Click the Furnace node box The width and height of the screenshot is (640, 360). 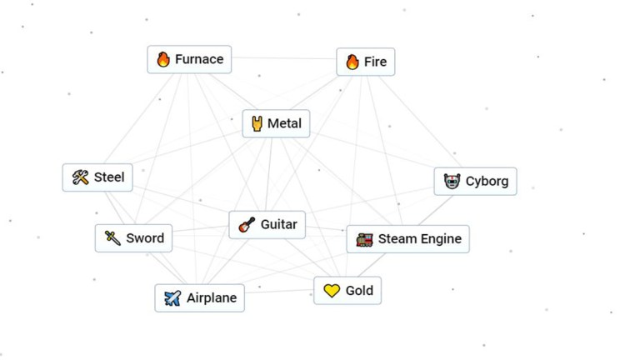pos(189,59)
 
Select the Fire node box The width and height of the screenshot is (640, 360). pos(365,62)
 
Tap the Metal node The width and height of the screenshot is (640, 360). pos(276,124)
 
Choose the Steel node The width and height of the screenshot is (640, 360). pos(97,177)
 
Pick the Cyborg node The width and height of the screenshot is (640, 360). pos(475,181)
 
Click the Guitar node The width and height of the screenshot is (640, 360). pos(267,224)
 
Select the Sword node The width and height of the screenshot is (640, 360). pos(134,238)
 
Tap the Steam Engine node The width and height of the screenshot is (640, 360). pos(407,239)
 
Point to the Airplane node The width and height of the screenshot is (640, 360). pos(199,297)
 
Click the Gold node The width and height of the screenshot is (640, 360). pos(347,291)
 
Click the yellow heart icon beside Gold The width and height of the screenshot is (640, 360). pos(332,291)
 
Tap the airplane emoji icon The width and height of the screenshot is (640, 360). pos(172,297)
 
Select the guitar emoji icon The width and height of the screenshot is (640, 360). pos(247,224)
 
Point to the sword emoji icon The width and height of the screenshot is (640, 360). pos(112,238)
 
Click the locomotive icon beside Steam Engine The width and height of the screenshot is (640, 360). pos(364,240)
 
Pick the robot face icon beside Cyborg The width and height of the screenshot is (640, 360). pos(452,181)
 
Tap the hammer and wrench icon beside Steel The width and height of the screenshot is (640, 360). pos(81,177)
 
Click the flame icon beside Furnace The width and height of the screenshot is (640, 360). pos(163,59)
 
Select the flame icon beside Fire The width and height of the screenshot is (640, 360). pos(352,62)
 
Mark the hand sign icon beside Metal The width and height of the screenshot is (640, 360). pos(257,124)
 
